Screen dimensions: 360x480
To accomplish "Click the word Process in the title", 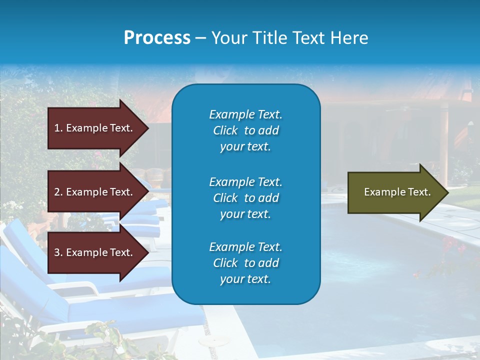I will coord(157,38).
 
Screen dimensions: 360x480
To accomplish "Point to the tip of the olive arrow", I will coord(447,192).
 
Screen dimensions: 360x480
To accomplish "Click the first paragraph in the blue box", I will coord(245,130).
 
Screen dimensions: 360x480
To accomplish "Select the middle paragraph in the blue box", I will coord(245,197).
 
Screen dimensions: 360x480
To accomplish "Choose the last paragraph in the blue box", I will coord(245,263).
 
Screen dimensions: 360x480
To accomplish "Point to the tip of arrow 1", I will coord(148,128).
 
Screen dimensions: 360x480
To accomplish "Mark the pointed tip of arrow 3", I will coord(148,252).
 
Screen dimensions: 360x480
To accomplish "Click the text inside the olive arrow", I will coord(397,192).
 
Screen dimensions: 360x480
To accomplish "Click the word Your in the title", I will coord(229,38).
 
